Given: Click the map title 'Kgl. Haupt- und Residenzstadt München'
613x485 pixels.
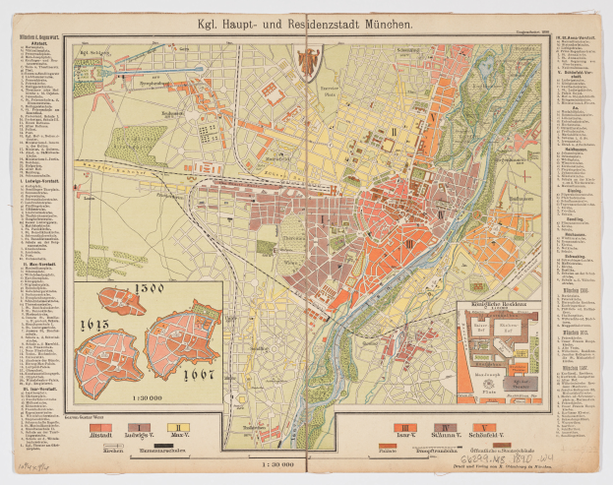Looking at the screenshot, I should pyautogui.click(x=306, y=21).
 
